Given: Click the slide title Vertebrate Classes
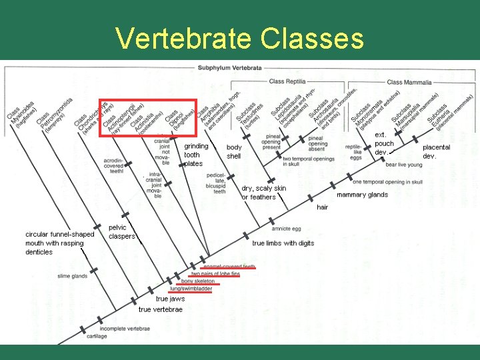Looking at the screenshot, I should pyautogui.click(x=240, y=38).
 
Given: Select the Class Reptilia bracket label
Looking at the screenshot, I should pyautogui.click(x=287, y=81).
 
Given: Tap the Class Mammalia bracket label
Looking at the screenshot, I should pyautogui.click(x=409, y=82).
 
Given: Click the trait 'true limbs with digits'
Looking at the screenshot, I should pyautogui.click(x=283, y=243).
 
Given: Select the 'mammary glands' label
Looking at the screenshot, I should pyautogui.click(x=362, y=195).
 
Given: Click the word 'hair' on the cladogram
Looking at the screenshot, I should pyautogui.click(x=322, y=207).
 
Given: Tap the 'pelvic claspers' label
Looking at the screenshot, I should pyautogui.click(x=121, y=231).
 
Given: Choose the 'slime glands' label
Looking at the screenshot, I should pyautogui.click(x=72, y=275).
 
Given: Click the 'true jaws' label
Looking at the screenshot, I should pyautogui.click(x=170, y=299).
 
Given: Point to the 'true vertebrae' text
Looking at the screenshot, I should pyautogui.click(x=160, y=309).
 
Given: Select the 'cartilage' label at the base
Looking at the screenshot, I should pyautogui.click(x=96, y=336).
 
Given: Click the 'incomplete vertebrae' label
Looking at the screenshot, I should pyautogui.click(x=125, y=328).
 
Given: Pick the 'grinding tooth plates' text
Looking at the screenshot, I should pyautogui.click(x=196, y=155).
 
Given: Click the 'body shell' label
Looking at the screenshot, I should pyautogui.click(x=234, y=151).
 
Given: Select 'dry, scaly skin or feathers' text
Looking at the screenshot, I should pyautogui.click(x=263, y=193).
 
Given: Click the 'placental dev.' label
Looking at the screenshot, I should pyautogui.click(x=436, y=151).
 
